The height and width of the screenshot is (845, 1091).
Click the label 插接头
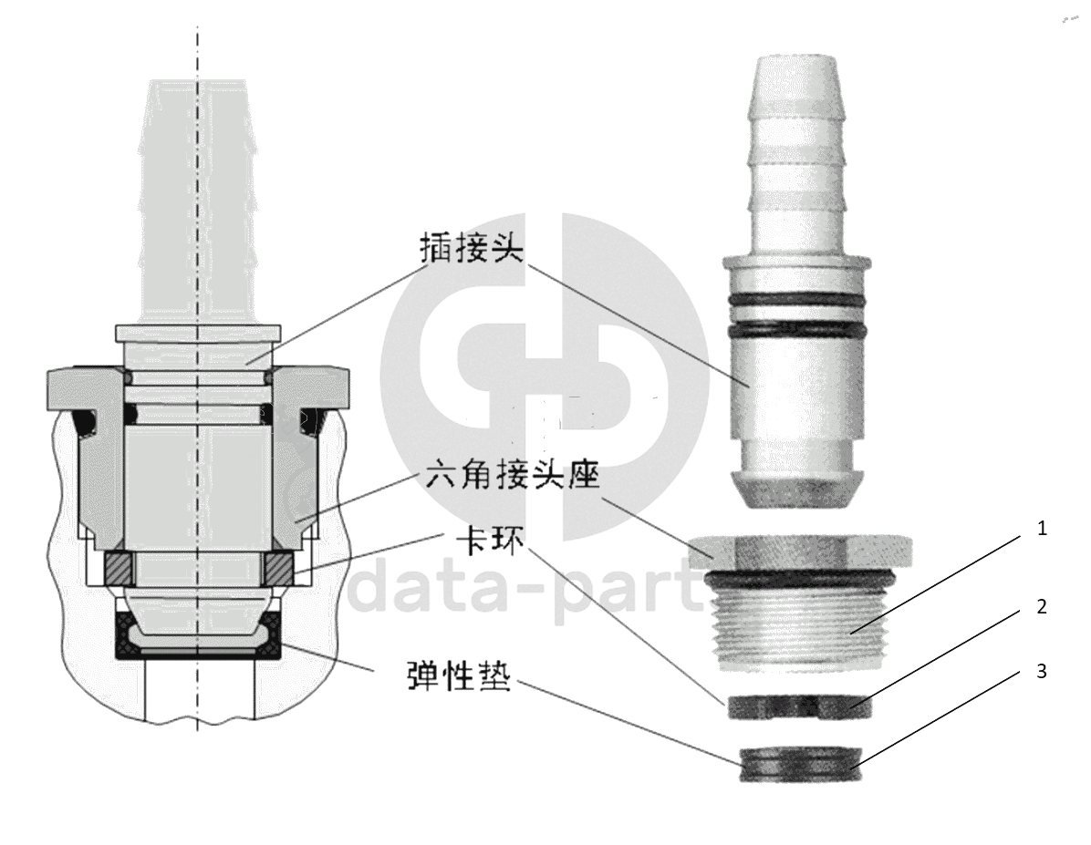tap(471, 248)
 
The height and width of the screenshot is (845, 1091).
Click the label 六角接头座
tap(512, 476)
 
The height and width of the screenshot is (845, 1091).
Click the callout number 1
tap(1041, 530)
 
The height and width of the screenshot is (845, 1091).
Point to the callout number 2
tap(1042, 606)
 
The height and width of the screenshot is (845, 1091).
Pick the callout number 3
tap(1042, 671)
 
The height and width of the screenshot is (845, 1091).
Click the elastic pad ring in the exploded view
tap(799, 764)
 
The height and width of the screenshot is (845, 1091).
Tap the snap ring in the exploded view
tap(799, 706)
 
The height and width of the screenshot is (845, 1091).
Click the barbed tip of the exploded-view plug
tap(798, 132)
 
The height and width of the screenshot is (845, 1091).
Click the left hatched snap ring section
tap(117, 568)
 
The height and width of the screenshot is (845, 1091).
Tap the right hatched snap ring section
tap(280, 568)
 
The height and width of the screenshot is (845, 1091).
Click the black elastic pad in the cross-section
tap(198, 636)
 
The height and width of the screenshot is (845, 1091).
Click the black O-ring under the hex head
tap(799, 576)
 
